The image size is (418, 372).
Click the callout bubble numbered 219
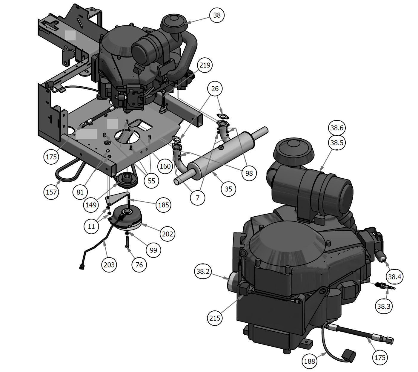pyautogui.click(x=205, y=65)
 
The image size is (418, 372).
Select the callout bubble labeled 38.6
pyautogui.click(x=337, y=128)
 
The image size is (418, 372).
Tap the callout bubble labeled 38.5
pyautogui.click(x=337, y=143)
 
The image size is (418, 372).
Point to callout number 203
pyautogui.click(x=109, y=265)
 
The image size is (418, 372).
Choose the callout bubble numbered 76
pyautogui.click(x=139, y=265)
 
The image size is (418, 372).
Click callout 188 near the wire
pyautogui.click(x=310, y=361)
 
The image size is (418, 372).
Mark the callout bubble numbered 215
pyautogui.click(x=215, y=318)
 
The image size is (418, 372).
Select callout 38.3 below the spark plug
pyautogui.click(x=384, y=306)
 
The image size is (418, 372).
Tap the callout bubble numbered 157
pyautogui.click(x=51, y=192)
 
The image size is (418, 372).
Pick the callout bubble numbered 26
pyautogui.click(x=215, y=89)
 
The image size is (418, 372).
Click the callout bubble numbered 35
pyautogui.click(x=228, y=189)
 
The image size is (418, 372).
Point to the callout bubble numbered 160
pyautogui.click(x=165, y=166)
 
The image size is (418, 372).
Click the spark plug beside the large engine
pyautogui.click(x=385, y=286)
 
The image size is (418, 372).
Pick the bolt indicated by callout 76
pyautogui.click(x=127, y=241)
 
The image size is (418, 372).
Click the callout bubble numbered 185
pyautogui.click(x=163, y=205)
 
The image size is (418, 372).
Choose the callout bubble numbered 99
pyautogui.click(x=153, y=250)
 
